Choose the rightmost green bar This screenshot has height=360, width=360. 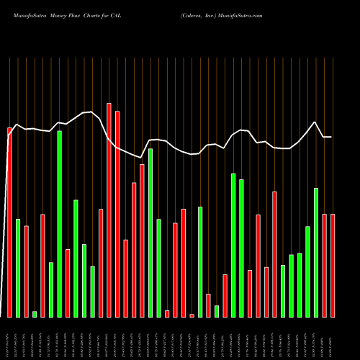tap(316, 252)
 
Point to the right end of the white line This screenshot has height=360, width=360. tap(330, 137)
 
